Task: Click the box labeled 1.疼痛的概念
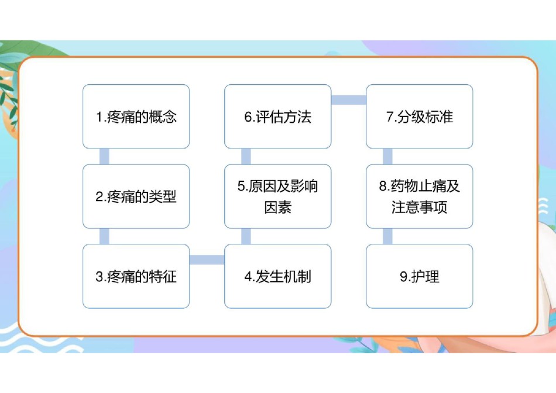136,116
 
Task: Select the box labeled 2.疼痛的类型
136,196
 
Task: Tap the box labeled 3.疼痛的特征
136,276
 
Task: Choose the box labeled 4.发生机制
277,276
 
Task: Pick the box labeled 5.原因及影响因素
277,196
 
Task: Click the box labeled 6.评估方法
277,116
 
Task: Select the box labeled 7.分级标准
420,116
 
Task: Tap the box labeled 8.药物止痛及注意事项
420,196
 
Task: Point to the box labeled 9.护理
420,276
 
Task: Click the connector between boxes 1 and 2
104,156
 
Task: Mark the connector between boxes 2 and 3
104,236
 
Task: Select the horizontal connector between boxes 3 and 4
207,260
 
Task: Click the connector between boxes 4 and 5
246,236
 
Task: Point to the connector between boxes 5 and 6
246,156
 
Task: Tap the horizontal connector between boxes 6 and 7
349,100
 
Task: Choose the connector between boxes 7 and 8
387,156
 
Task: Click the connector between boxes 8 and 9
387,236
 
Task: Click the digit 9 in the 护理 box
403,277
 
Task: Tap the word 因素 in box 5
277,207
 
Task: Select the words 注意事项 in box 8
420,207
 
